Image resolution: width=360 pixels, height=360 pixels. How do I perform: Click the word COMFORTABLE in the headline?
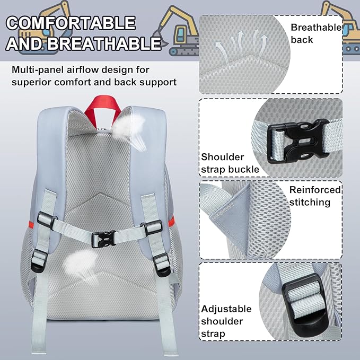click(71, 23)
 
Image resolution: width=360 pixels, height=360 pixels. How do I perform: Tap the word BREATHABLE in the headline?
click(104, 43)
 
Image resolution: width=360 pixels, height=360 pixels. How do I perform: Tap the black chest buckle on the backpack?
click(103, 239)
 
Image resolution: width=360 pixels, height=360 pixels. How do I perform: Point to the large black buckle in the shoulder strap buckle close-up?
click(298, 141)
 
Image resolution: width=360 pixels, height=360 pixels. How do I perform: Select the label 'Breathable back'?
click(316, 33)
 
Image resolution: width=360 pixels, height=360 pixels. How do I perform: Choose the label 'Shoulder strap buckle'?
click(230, 163)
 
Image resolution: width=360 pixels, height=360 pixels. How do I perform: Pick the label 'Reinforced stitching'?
click(315, 196)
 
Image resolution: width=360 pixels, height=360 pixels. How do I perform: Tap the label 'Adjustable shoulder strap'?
click(226, 321)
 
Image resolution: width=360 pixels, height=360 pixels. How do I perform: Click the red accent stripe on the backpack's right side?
click(171, 221)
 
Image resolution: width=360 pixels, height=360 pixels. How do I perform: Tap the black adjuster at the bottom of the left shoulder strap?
click(38, 261)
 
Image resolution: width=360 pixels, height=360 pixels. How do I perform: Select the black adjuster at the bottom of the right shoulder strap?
click(162, 265)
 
